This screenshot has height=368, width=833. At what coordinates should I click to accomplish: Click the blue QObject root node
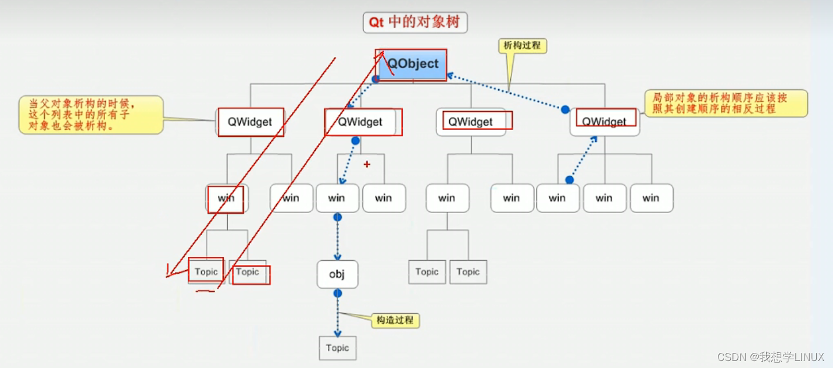[413, 64]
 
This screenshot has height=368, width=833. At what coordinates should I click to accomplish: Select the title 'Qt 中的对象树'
[414, 23]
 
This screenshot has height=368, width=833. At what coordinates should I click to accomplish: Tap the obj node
[337, 274]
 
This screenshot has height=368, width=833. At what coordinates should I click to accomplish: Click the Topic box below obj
[337, 348]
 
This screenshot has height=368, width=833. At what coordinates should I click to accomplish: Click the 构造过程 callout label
[396, 320]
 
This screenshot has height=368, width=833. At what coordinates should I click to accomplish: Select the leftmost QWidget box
[249, 122]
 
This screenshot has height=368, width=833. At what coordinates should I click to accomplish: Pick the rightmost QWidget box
[605, 122]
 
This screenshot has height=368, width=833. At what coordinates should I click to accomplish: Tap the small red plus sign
[367, 165]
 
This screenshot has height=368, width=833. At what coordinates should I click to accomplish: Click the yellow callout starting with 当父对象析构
[91, 114]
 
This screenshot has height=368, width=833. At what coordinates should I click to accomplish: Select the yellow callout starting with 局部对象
[725, 104]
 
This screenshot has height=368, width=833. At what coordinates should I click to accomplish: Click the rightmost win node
[651, 198]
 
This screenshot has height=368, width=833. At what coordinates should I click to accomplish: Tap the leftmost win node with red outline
[226, 198]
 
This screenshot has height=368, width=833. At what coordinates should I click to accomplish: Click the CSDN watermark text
[770, 356]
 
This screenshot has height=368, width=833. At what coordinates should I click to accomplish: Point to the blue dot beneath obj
[338, 293]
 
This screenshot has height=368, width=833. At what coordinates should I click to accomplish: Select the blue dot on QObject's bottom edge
[376, 79]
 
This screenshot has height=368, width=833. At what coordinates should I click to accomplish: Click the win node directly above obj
[337, 198]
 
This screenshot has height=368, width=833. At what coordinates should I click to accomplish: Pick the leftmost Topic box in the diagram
[206, 271]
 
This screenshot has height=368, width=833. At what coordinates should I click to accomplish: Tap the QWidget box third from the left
[471, 122]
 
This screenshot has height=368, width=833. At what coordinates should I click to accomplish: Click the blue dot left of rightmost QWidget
[565, 109]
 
